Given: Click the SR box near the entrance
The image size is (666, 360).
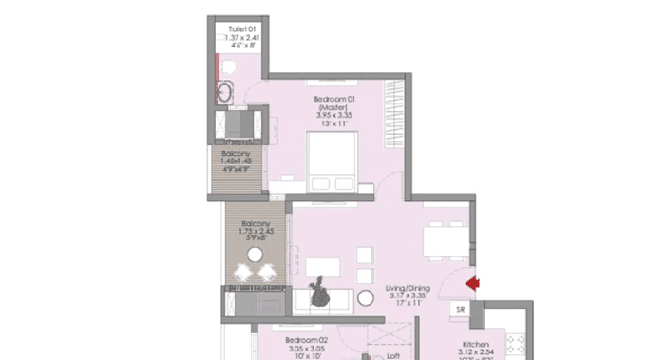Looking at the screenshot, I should click(460, 309).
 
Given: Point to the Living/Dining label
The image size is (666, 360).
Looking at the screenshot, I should click(408, 287).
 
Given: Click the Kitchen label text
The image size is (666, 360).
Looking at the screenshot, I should click(475, 344).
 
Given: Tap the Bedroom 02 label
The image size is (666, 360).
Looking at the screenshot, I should click(307, 339).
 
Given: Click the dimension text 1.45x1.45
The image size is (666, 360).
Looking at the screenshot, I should click(237, 161).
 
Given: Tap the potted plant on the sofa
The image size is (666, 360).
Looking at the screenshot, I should click(316, 296).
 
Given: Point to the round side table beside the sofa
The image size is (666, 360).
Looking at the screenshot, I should click(366, 298).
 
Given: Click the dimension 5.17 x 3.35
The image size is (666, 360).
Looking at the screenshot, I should click(409, 297).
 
